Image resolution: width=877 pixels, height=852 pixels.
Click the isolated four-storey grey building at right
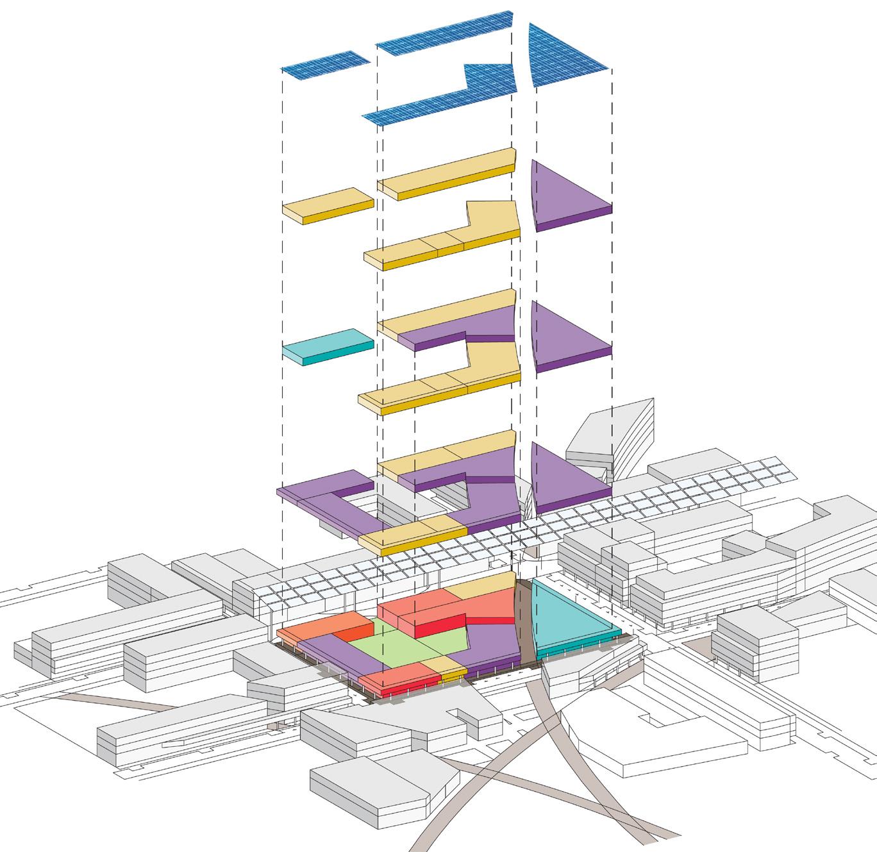[x=756, y=641]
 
